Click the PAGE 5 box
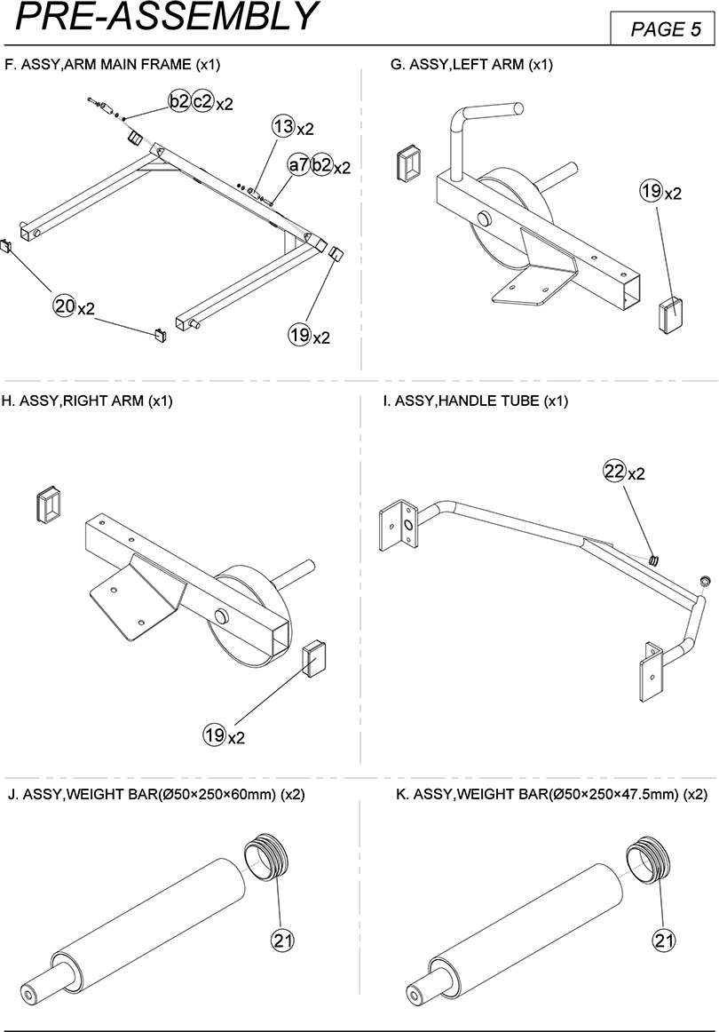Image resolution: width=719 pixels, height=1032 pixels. point(664,29)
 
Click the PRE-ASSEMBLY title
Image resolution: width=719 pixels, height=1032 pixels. point(167,17)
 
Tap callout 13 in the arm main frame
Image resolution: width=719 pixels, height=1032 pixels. point(283,127)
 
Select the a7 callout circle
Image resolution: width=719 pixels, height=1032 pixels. point(298,165)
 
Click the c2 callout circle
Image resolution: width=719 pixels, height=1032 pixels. point(202,102)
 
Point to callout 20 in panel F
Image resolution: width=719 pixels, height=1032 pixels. point(64,306)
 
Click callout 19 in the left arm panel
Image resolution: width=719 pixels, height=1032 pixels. point(651,190)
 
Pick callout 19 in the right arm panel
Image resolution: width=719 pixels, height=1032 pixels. point(214,734)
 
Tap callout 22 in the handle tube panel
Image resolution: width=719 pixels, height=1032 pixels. point(613,472)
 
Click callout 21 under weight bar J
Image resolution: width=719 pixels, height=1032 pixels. point(282,939)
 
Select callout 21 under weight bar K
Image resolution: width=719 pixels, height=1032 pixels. point(663,939)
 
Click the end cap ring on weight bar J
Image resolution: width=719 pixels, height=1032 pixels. point(264,858)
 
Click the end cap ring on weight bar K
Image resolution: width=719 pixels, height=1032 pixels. point(646,859)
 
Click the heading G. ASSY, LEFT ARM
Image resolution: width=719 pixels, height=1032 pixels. point(471,65)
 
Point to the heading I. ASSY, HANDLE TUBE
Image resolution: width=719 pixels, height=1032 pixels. point(475,401)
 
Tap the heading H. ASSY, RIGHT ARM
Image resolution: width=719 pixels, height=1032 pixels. point(87,401)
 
